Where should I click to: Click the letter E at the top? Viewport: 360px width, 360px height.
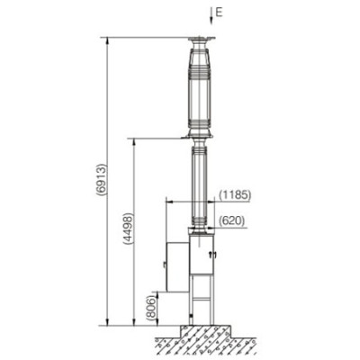point(219,13)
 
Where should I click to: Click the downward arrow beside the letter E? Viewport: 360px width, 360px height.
point(211,16)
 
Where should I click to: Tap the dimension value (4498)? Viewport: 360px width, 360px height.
point(129,229)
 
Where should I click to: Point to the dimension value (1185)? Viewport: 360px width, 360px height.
point(235,195)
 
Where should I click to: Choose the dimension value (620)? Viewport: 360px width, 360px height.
point(232,221)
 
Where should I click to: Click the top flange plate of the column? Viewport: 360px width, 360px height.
point(202,39)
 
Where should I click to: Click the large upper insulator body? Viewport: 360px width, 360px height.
point(200,90)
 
